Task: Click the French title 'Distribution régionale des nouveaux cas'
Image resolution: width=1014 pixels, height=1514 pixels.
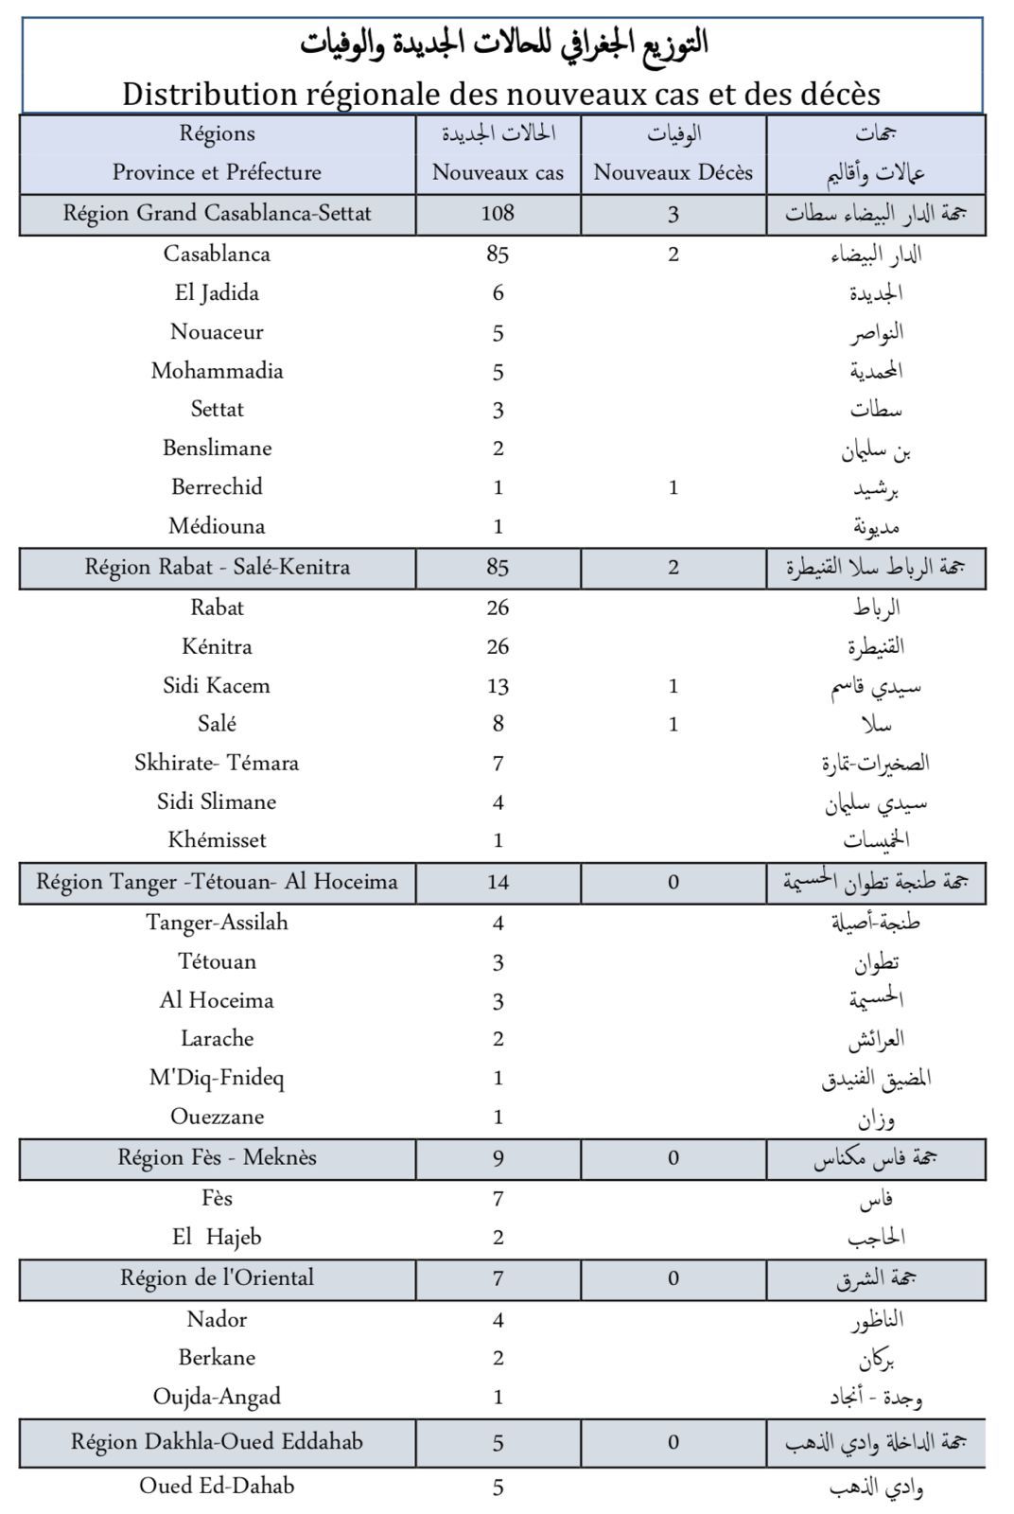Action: [x=501, y=94]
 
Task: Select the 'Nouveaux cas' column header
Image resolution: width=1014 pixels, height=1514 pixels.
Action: [x=498, y=172]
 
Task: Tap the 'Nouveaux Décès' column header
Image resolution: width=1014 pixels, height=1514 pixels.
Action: [x=673, y=172]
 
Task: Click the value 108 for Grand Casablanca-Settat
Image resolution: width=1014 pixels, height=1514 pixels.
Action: [x=498, y=213]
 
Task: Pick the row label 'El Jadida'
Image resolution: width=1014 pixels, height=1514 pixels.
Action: [x=217, y=293]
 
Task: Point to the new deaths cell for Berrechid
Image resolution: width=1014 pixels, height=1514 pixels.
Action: [x=673, y=488]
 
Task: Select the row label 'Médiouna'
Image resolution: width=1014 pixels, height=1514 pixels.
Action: [x=217, y=526]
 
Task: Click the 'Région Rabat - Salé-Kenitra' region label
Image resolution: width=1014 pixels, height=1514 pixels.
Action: [x=218, y=568]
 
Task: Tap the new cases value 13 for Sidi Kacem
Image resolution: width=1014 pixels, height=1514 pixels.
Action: [x=498, y=686]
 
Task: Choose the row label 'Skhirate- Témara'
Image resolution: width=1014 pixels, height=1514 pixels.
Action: [x=217, y=763]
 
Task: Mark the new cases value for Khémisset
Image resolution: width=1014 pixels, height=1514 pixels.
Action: [x=498, y=840]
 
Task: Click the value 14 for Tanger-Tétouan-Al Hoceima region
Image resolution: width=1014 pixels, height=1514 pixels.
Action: [x=498, y=883]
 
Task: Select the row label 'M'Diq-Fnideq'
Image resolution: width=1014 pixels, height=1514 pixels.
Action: [x=217, y=1078]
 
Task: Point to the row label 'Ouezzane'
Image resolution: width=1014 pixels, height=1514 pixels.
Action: [x=217, y=1117]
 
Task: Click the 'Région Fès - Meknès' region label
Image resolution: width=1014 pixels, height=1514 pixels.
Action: [x=218, y=1157]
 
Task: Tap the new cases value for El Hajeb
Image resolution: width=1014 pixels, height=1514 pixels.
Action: [x=498, y=1238]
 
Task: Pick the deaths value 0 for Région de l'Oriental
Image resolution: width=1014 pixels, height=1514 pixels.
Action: [x=673, y=1278]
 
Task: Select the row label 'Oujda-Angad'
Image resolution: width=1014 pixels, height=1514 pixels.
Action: [x=217, y=1397]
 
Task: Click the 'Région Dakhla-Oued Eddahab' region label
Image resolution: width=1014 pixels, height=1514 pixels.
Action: [x=218, y=1442]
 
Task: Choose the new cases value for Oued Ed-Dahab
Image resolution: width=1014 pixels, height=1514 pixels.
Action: [x=498, y=1488]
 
